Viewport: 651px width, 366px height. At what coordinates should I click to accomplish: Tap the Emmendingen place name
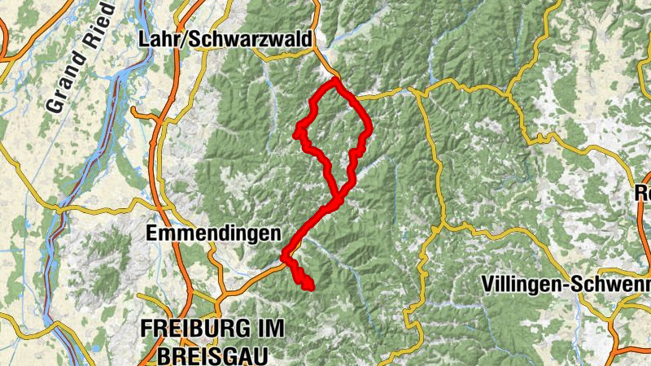coord(213,233)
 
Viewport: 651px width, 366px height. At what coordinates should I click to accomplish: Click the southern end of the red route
coord(309,285)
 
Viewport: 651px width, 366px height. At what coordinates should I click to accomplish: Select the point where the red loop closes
coord(337,196)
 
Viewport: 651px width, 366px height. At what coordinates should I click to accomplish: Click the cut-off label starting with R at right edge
coord(643,194)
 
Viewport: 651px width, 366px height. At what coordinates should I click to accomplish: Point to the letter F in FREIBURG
coord(146,329)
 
